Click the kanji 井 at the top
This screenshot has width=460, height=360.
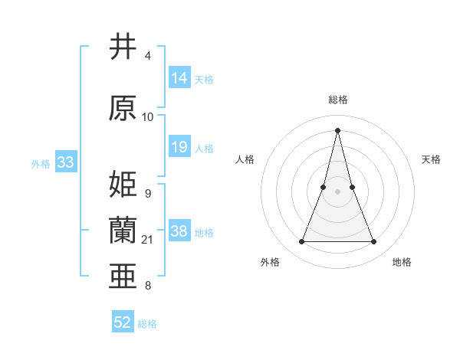click(123, 47)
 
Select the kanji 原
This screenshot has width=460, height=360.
click(123, 108)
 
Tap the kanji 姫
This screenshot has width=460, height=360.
click(123, 184)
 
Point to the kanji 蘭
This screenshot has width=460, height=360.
click(123, 230)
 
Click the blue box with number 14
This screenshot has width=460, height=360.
click(179, 78)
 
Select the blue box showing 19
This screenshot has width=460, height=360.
click(179, 147)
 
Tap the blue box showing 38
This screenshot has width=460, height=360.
click(179, 231)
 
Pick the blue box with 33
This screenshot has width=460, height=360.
click(65, 162)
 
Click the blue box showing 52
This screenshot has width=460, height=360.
click(123, 322)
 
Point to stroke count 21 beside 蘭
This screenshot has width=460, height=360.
click(148, 240)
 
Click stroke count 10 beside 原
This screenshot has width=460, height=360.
click(148, 117)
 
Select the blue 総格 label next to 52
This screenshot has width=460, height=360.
click(147, 324)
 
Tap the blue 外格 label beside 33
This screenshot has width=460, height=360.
click(41, 163)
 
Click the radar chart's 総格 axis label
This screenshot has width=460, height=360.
click(338, 100)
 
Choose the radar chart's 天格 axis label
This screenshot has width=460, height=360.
click(432, 159)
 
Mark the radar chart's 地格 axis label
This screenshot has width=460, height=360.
click(402, 263)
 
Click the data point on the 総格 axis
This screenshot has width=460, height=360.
click(338, 129)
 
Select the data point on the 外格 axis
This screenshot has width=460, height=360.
click(302, 242)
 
